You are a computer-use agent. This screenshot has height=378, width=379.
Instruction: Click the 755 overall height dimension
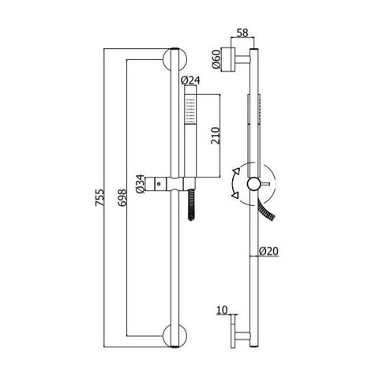click(x=99, y=197)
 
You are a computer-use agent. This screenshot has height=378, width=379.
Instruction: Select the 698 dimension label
click(x=122, y=197)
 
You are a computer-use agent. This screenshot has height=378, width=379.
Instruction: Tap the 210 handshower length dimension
click(x=215, y=136)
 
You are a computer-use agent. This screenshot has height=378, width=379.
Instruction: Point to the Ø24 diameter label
click(x=191, y=80)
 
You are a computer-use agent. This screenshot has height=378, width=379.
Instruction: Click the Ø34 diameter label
click(x=141, y=184)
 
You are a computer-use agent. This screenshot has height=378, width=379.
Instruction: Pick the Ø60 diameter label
click(x=216, y=59)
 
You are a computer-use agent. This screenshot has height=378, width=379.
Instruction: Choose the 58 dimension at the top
click(x=242, y=33)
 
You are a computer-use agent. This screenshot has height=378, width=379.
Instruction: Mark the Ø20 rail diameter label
click(x=268, y=251)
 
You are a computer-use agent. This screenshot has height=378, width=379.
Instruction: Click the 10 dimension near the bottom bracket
click(x=222, y=310)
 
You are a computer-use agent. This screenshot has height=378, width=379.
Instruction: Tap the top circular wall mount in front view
click(x=174, y=59)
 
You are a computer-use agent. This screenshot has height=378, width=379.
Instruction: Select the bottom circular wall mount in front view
click(x=174, y=336)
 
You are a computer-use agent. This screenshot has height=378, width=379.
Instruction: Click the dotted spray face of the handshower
click(x=190, y=110)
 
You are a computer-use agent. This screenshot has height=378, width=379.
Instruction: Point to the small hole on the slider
click(x=159, y=183)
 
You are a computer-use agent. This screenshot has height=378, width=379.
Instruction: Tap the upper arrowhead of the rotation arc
click(x=237, y=172)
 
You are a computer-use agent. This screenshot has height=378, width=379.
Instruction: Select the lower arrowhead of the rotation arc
click(x=235, y=195)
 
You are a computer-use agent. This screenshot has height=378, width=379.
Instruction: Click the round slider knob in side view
click(x=253, y=184)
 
